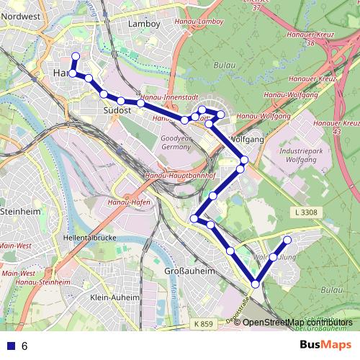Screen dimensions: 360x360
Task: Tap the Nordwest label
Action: click(21, 15)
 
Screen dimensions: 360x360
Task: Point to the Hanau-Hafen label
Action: click(130, 203)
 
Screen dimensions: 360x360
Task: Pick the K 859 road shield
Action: click(204, 325)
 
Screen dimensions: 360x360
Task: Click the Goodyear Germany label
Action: click(176, 141)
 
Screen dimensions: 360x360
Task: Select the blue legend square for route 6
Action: click(11, 346)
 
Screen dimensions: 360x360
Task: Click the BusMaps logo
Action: click(325, 345)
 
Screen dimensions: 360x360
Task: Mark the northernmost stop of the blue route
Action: click(76, 56)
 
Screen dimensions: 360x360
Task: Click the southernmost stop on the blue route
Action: click(255, 284)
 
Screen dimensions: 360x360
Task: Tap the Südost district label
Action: click(117, 111)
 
